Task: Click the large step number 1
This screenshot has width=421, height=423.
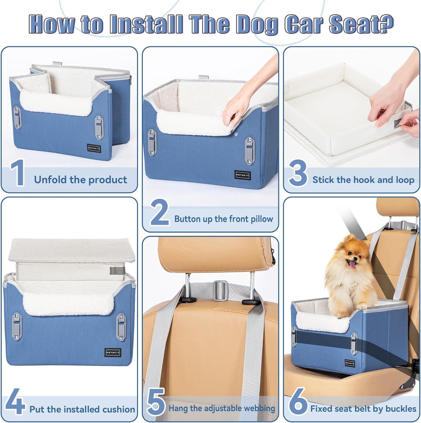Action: (17, 173)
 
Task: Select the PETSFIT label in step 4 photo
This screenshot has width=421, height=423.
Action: (113, 352)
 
